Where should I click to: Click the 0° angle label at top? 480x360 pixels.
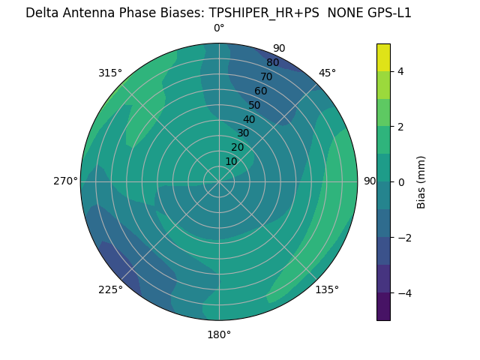click(219, 28)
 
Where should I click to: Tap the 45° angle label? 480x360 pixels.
click(327, 73)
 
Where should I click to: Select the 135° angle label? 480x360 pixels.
click(327, 289)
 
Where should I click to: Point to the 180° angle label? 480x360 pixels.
click(219, 334)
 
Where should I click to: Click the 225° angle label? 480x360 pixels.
click(110, 289)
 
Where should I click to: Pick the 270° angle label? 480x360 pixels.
click(65, 181)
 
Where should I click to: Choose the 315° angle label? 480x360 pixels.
click(110, 73)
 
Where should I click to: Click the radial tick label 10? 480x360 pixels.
click(231, 161)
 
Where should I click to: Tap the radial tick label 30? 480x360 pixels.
click(243, 133)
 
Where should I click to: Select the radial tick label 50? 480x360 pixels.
click(255, 105)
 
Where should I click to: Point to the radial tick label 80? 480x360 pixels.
click(272, 63)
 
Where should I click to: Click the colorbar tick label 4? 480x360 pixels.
click(400, 71)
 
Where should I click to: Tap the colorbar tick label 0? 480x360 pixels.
click(400, 182)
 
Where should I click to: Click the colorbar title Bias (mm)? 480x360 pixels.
click(421, 182)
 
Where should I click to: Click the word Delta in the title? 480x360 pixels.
click(41, 13)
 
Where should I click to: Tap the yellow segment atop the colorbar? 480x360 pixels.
click(383, 57)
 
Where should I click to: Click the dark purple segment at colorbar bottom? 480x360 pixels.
click(383, 307)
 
